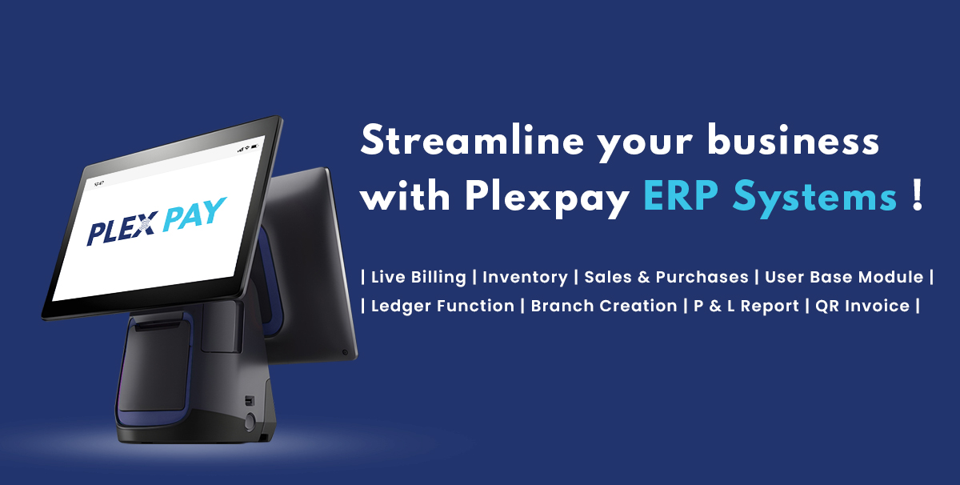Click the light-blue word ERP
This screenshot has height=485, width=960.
click(681, 195)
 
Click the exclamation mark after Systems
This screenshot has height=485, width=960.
click(917, 195)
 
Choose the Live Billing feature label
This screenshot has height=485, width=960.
click(418, 277)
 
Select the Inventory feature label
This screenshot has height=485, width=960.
click(525, 278)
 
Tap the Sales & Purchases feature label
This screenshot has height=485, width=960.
click(666, 277)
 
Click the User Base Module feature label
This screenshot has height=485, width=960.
click(844, 277)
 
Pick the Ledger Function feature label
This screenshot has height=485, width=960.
click(442, 306)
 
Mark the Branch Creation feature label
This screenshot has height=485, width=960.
click(604, 306)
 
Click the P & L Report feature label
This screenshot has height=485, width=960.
click(746, 307)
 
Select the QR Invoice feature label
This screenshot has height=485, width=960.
click(862, 306)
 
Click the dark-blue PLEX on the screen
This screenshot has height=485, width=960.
click(122, 228)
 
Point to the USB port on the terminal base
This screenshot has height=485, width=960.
click(249, 401)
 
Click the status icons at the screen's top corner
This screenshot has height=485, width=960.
click(249, 148)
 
